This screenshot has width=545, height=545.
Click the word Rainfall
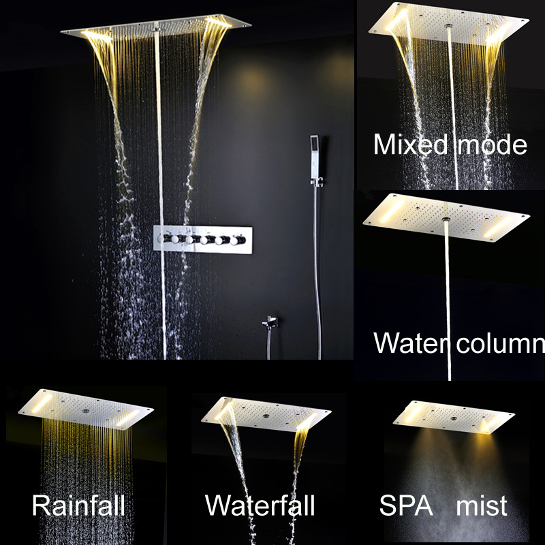coord(78,506)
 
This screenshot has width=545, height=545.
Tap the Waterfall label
coord(260,506)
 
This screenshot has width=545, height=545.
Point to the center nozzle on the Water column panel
coord(447,218)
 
